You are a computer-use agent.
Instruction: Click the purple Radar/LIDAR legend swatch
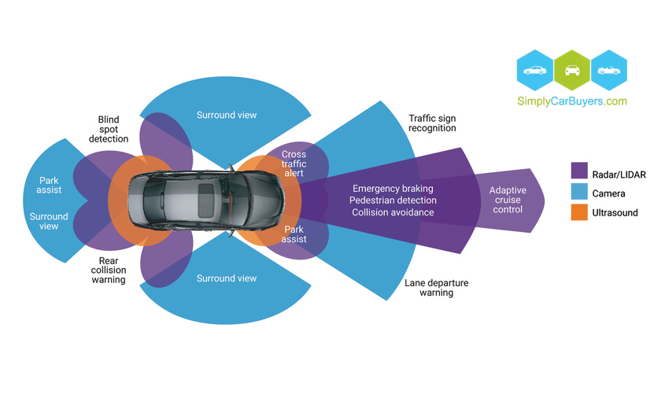pyautogui.click(x=579, y=170)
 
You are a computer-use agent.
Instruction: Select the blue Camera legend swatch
pyautogui.click(x=579, y=191)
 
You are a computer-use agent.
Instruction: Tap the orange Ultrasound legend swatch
pyautogui.click(x=579, y=212)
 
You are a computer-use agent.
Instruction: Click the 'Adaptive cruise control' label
pyautogui.click(x=507, y=200)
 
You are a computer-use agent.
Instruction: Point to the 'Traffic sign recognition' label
pyautogui.click(x=432, y=123)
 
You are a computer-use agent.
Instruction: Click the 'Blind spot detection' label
pyautogui.click(x=109, y=129)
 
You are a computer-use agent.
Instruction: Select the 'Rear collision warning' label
pyautogui.click(x=109, y=270)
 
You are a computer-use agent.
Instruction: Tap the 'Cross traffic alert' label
pyautogui.click(x=294, y=164)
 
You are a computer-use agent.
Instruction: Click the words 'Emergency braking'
pyautogui.click(x=393, y=189)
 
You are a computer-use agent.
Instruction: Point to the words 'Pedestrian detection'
pyautogui.click(x=393, y=200)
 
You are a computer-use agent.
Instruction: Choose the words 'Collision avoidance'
pyautogui.click(x=393, y=212)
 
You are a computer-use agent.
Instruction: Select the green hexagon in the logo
pyautogui.click(x=572, y=69)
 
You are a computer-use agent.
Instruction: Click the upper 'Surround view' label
pyautogui.click(x=227, y=116)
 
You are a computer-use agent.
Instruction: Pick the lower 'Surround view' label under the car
pyautogui.click(x=227, y=278)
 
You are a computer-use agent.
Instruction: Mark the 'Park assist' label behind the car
pyautogui.click(x=49, y=186)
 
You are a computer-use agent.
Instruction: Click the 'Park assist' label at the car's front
pyautogui.click(x=294, y=234)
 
